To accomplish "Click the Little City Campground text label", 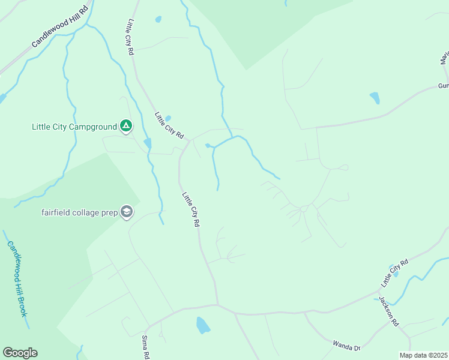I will coord(74,127).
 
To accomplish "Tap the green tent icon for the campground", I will coord(125,126).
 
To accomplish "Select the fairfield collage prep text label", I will coord(80,212).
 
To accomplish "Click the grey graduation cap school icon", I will coord(127,212).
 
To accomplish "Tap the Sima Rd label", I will coord(145,347).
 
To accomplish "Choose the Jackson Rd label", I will coord(388,311).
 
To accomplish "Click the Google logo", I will coord(20,353).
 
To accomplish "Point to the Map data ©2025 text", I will coord(423,355).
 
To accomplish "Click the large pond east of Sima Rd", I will coord(202,325).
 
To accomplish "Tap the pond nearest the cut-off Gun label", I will coord(375,97).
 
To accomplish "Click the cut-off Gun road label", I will coord(443,86).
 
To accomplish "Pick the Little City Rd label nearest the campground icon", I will coord(169,126).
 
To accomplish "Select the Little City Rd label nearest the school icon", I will coord(191,209).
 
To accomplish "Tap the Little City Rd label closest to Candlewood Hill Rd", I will coord(130,37).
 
